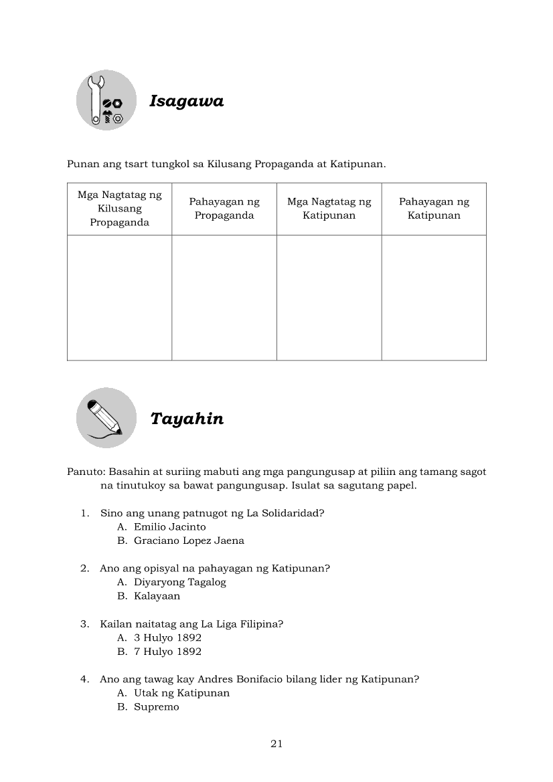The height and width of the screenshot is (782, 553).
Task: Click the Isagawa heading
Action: coord(186,101)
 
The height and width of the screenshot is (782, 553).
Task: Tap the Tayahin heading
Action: coord(187,419)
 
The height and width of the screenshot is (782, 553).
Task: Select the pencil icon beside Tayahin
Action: coord(106,417)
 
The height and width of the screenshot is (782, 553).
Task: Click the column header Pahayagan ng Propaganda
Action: coord(224,209)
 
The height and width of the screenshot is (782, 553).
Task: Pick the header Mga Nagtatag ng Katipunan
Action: coord(329,209)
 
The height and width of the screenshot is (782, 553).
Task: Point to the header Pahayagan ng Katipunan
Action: coord(434,209)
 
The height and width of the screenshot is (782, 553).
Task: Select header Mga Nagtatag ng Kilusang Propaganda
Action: coord(120,209)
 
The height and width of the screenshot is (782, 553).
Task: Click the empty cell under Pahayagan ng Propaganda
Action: coord(224,298)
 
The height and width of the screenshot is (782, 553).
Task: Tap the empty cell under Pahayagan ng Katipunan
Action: coord(434,298)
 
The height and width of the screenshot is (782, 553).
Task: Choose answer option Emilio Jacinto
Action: coord(169,527)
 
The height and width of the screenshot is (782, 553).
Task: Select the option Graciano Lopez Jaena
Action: coord(189,541)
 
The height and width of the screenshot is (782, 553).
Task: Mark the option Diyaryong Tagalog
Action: coord(179,582)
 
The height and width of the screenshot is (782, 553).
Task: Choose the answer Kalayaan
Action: coord(157,596)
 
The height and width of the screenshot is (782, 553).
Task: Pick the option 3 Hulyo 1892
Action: coord(167,638)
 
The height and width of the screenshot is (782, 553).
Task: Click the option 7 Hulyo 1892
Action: coord(167,652)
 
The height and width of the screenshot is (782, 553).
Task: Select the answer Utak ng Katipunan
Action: coord(181,693)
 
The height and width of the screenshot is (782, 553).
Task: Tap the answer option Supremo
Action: coord(156,707)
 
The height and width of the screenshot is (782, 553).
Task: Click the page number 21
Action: coord(276,744)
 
